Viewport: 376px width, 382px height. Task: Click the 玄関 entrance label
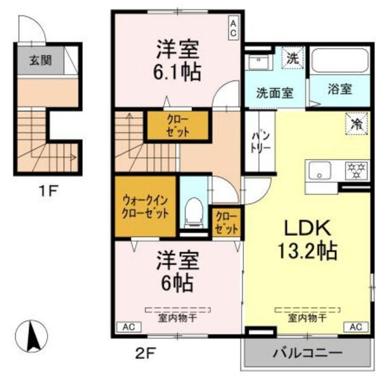point(40,60)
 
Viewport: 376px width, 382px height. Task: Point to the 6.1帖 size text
point(178,71)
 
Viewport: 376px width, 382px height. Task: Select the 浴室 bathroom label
point(339,89)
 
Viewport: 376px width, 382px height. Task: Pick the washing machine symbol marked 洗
point(292,58)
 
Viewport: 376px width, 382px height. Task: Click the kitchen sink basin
point(320,171)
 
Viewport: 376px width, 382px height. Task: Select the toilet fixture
point(194,210)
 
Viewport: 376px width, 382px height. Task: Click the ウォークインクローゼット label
point(145,207)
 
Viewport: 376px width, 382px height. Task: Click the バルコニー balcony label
point(308,353)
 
